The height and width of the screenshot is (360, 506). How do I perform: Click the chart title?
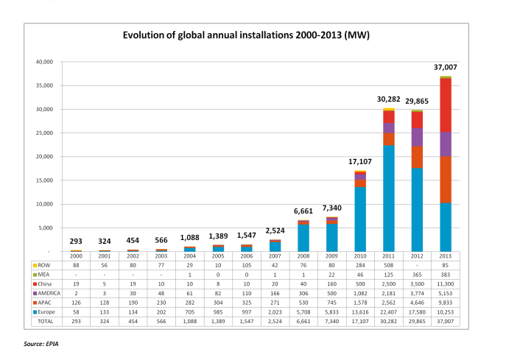tap(246, 35)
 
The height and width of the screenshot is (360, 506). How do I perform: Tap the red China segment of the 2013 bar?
tap(446, 105)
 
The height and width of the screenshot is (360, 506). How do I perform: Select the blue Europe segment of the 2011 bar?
tap(389, 198)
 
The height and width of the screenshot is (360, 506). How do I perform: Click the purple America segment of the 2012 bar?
tap(417, 137)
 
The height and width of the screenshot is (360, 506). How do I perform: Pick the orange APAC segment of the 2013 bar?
tap(446, 180)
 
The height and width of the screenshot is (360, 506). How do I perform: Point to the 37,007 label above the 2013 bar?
tap(446, 67)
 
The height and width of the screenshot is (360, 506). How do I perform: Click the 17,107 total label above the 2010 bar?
tap(360, 162)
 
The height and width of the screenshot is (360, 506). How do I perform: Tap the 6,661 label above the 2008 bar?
tap(303, 211)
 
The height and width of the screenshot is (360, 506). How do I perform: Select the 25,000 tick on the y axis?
tap(44, 133)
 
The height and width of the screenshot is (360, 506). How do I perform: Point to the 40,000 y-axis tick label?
tap(44, 62)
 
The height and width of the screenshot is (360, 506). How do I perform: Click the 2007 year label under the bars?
tap(275, 255)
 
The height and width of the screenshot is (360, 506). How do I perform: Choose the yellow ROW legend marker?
tap(35, 266)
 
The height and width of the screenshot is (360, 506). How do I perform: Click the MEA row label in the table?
tap(43, 275)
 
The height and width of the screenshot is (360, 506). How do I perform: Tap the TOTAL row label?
tap(46, 321)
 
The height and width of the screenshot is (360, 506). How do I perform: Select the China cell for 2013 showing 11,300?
tap(446, 284)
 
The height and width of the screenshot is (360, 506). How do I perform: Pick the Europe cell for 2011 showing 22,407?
tap(389, 312)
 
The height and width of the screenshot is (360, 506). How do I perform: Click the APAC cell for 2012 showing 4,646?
tap(417, 303)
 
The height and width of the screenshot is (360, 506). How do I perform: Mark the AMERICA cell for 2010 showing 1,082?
tap(360, 293)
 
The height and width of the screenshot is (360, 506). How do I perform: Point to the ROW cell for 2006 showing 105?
tap(247, 265)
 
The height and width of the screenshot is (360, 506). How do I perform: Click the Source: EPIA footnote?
tap(41, 344)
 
